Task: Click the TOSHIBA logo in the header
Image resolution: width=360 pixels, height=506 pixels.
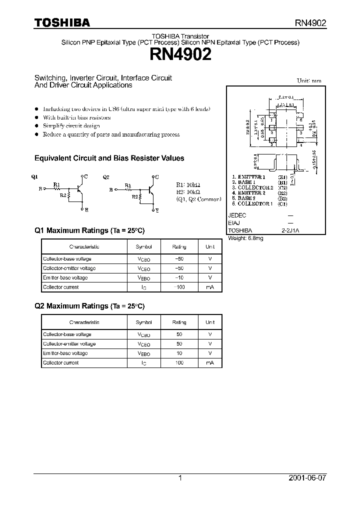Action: [x=62, y=22]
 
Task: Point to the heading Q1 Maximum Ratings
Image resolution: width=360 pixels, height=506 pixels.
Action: [x=89, y=230]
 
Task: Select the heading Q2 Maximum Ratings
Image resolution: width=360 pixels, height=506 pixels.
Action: [x=89, y=306]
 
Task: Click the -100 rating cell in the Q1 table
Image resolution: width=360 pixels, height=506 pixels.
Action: [x=179, y=287]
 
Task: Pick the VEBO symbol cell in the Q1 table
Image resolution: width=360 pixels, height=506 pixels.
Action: [x=143, y=278]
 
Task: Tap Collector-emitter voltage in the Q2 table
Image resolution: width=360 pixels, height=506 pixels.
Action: [x=69, y=343]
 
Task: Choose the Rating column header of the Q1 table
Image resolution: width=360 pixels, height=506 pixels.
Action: [x=179, y=247]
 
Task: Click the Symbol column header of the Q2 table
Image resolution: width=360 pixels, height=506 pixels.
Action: [x=143, y=322]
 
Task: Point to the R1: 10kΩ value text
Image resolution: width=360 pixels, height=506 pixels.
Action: [x=188, y=184]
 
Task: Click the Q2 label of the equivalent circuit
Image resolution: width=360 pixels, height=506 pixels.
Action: [x=105, y=176]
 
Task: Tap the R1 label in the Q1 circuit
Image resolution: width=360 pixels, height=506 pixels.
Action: [x=56, y=184]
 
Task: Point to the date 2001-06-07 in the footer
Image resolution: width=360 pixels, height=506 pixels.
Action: [x=308, y=478]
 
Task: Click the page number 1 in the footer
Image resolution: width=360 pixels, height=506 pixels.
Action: [x=180, y=478]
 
